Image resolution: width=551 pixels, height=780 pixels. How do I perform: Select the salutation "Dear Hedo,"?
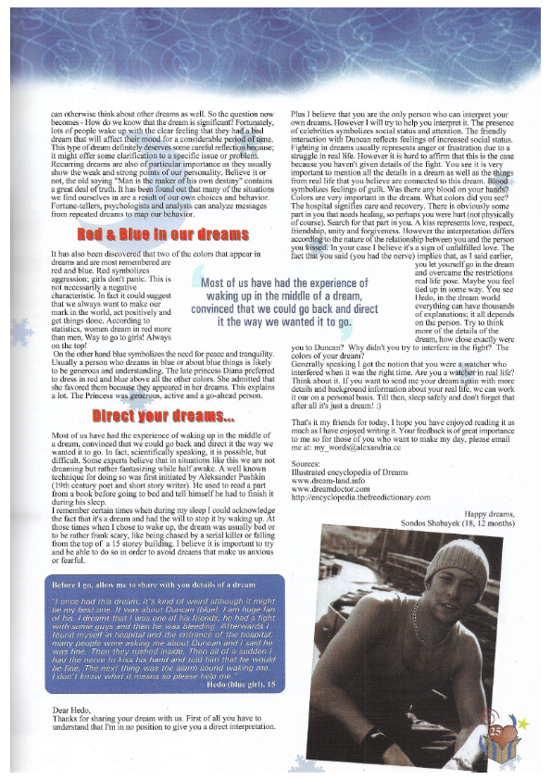coord(71,710)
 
